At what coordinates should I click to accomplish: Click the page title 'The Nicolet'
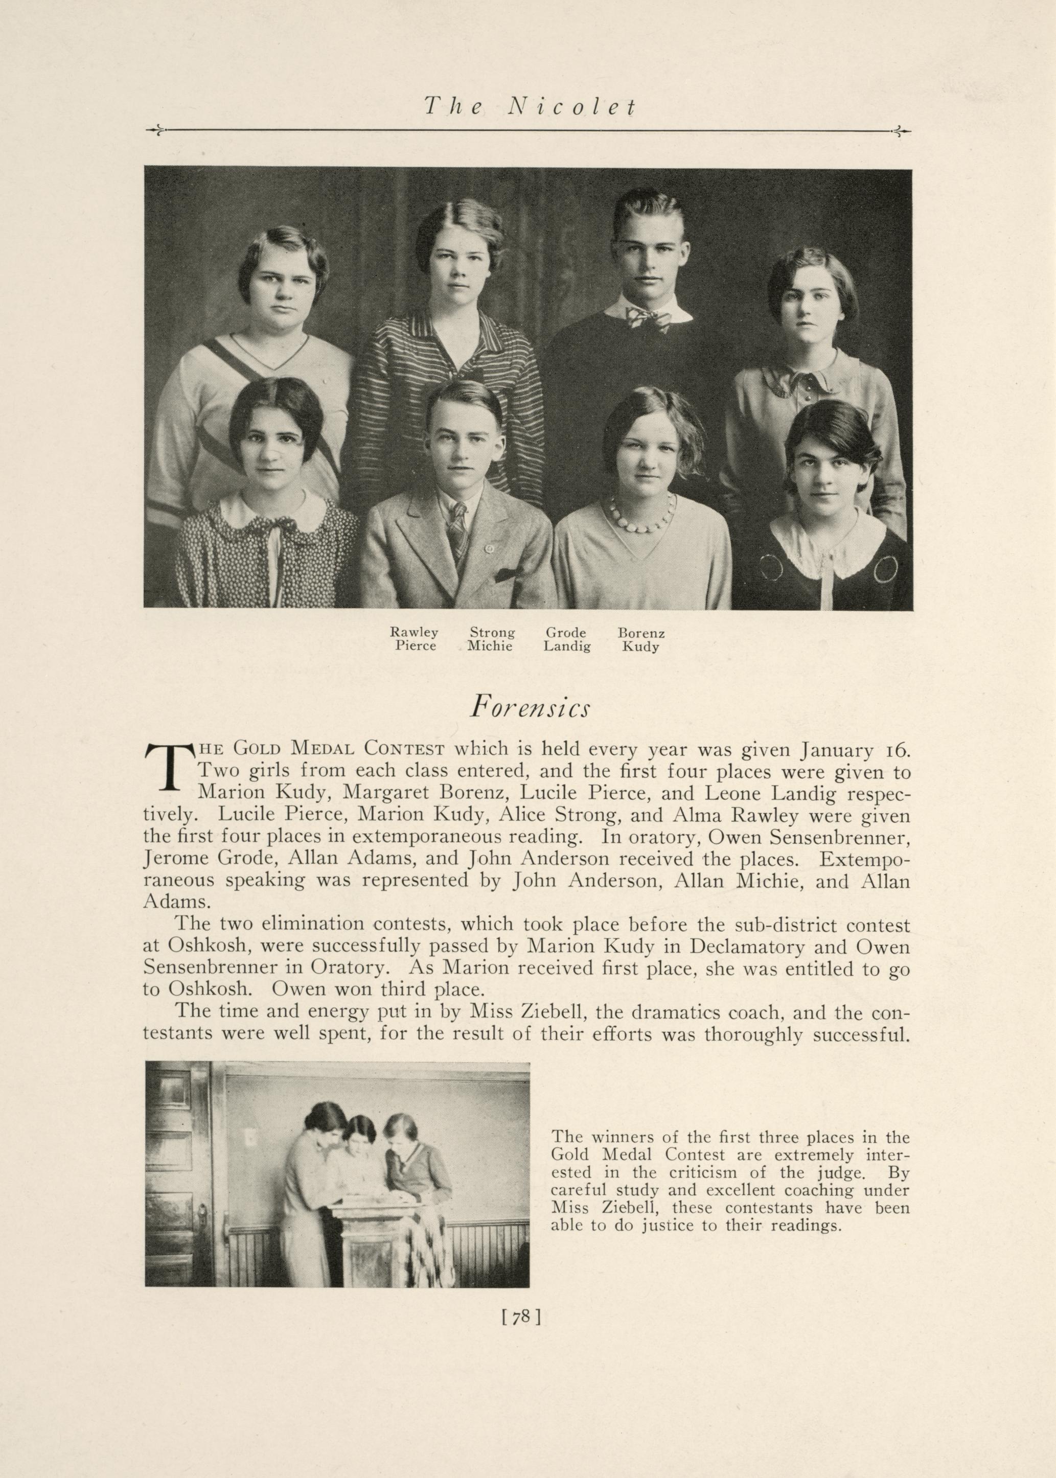click(529, 106)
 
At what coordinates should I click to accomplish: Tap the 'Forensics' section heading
click(530, 707)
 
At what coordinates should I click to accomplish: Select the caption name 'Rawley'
click(414, 632)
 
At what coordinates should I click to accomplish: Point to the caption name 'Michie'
click(490, 646)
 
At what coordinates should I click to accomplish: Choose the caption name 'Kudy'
click(640, 646)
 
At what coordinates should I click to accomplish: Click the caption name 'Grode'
click(566, 632)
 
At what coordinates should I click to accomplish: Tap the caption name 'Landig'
click(567, 646)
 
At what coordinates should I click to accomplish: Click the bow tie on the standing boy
click(648, 318)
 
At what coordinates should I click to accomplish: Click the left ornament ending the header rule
click(156, 131)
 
